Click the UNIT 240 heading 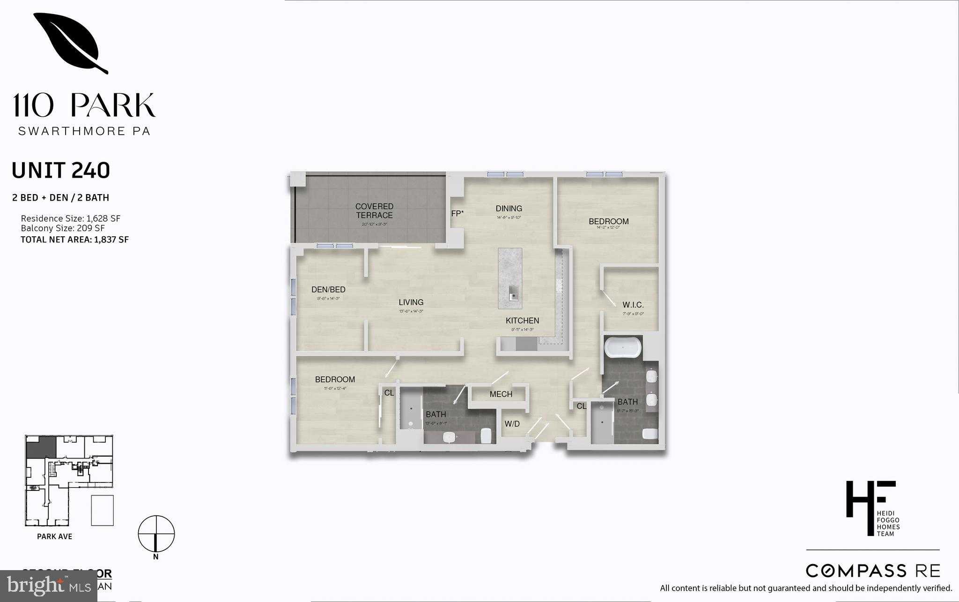coord(61,171)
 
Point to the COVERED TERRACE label coord(374,211)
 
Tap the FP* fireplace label coord(457,214)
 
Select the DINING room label coord(509,209)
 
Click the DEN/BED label coord(328,290)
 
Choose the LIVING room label coord(411,302)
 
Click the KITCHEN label coord(522,321)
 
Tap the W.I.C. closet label coord(633,305)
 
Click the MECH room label coord(501,394)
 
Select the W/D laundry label coord(512,424)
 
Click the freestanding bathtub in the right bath coord(623,348)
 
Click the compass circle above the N coord(156,534)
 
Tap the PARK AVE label coord(55,536)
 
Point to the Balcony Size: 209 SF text coord(63,228)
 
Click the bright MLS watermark coord(49,586)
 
